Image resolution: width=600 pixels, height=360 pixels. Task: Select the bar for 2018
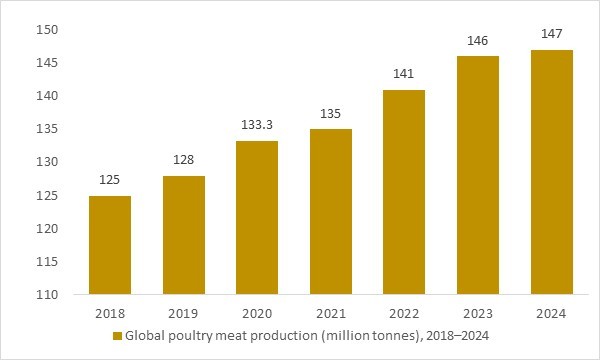109,245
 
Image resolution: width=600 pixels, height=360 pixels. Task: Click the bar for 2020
257,218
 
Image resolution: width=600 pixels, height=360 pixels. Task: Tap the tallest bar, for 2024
551,172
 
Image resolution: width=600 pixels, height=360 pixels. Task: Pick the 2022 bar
404,192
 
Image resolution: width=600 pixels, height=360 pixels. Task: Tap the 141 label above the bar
404,75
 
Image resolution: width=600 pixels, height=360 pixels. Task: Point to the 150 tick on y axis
47,30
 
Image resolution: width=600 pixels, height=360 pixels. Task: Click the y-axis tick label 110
47,295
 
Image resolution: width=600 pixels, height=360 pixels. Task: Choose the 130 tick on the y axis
47,162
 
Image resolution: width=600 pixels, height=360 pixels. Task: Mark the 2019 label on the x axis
183,313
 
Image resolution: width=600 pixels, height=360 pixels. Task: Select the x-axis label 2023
478,313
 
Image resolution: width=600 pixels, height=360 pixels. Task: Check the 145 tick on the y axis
47,63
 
